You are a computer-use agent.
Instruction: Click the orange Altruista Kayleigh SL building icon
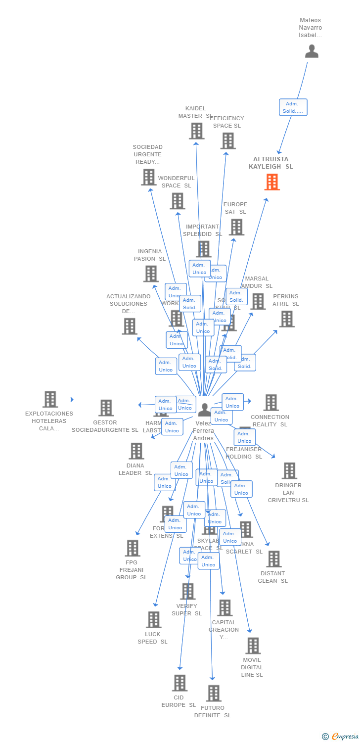(272, 182)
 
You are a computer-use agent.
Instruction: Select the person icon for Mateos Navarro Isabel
(312, 51)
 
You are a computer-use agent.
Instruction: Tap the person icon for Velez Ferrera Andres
(204, 410)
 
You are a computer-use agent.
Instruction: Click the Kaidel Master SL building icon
(196, 131)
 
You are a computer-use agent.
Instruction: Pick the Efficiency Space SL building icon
(227, 141)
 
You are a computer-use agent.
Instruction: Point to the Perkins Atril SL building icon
(286, 319)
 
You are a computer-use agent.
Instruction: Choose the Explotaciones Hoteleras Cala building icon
(50, 399)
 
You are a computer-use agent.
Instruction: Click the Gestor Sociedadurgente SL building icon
(106, 408)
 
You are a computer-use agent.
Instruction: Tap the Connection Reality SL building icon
(270, 403)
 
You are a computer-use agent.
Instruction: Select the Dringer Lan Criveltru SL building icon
(289, 471)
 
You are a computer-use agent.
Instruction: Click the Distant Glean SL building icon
(273, 559)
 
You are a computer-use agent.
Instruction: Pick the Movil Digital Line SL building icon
(253, 646)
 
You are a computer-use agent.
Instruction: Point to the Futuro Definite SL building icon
(214, 693)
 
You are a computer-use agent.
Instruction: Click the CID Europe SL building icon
(180, 683)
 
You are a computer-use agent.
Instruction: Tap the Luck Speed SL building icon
(154, 620)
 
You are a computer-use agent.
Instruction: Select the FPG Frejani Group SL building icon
(132, 548)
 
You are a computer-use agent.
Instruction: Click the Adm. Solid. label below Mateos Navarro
(293, 107)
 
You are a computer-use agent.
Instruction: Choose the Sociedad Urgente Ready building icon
(148, 177)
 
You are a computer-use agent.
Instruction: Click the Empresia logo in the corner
(341, 737)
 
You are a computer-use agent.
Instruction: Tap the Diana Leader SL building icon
(136, 451)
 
